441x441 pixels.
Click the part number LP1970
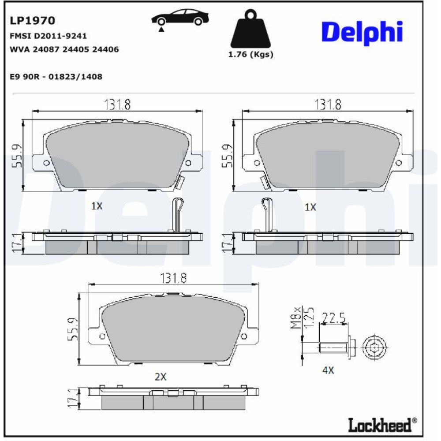(32, 21)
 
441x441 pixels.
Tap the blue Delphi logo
(362, 33)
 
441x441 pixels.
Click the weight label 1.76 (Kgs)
(250, 54)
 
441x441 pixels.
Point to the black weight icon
(250, 29)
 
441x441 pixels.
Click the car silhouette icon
(180, 18)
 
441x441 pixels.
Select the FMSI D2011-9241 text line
(48, 36)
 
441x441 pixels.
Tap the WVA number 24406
(105, 49)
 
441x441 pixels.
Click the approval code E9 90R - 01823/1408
(56, 76)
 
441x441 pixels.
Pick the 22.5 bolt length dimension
(333, 318)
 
